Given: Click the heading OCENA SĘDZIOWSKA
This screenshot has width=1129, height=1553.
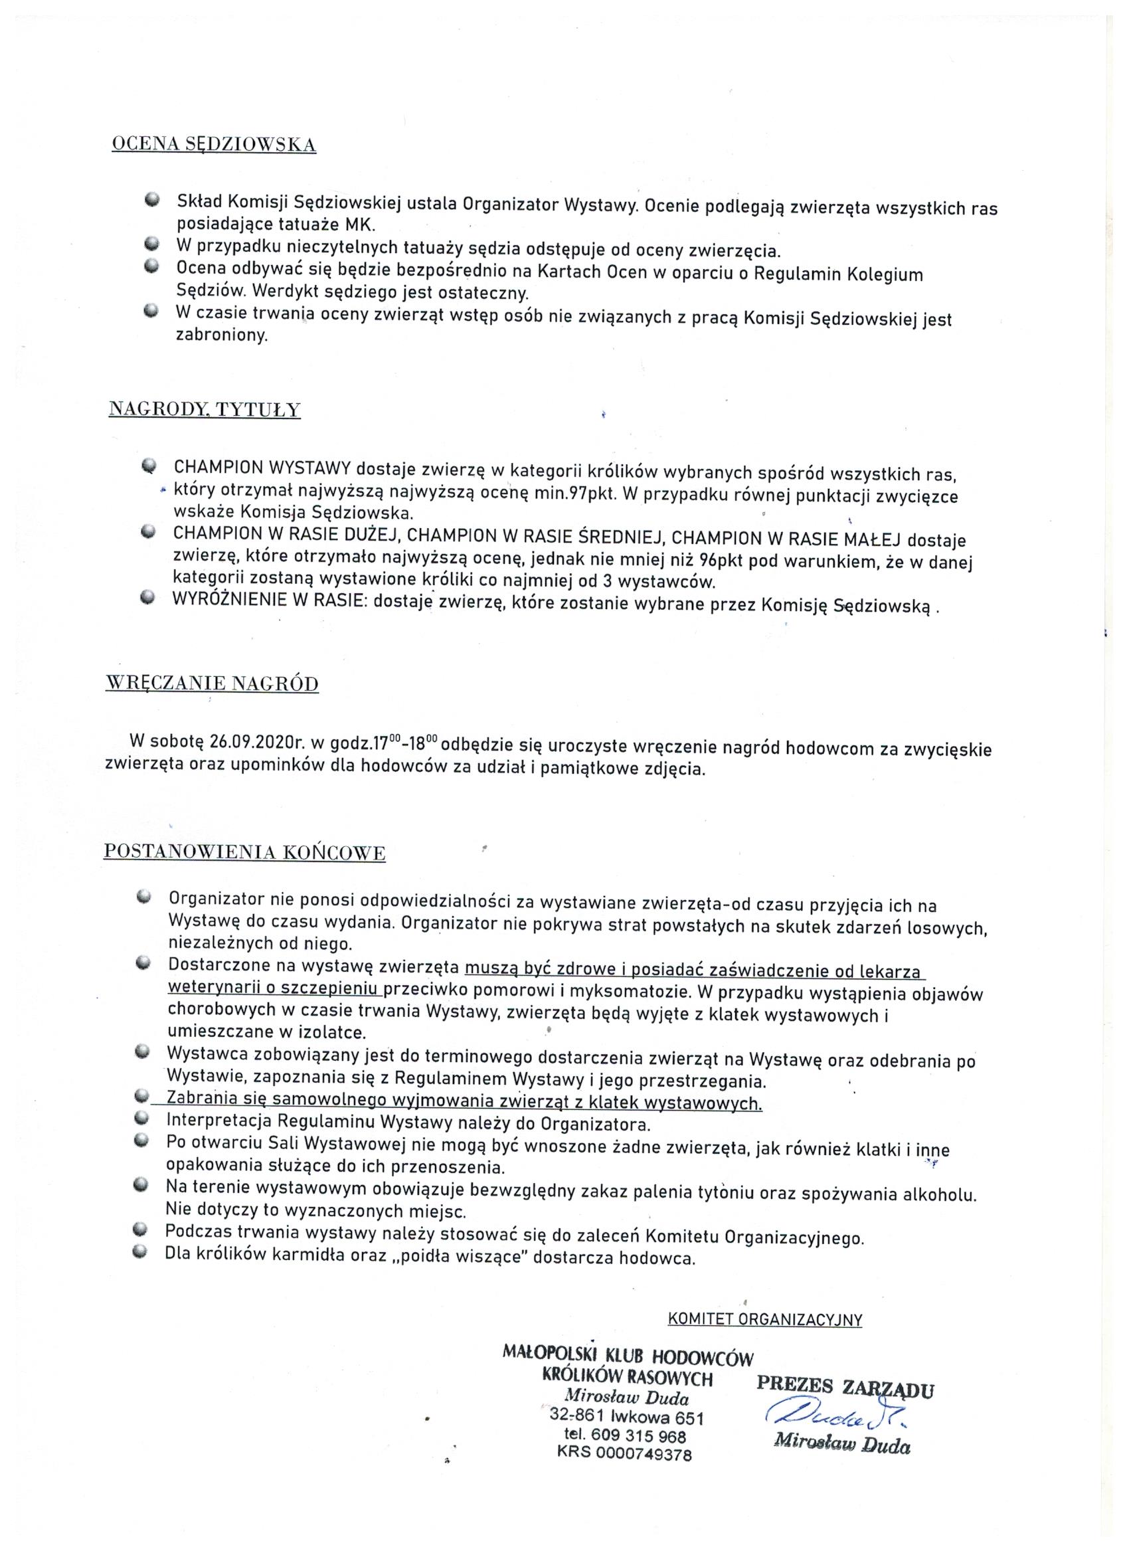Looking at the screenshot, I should [214, 145].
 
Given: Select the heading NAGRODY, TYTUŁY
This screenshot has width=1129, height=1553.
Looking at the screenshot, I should [205, 409].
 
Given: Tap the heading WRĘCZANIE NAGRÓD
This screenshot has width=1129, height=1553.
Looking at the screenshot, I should [213, 684].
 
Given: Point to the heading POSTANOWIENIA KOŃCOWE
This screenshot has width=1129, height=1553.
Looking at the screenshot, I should [244, 852].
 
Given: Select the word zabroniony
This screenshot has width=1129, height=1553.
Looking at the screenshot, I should [220, 337].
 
